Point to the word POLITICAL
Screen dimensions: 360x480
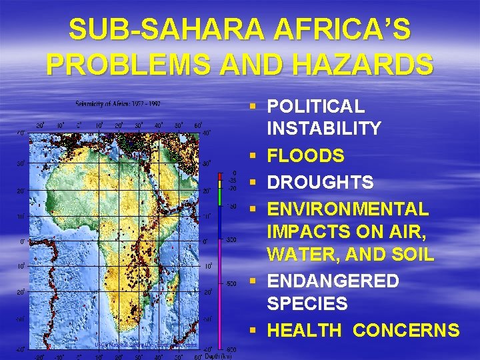315,106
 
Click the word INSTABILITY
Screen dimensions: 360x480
324,128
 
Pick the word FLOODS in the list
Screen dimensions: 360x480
305,156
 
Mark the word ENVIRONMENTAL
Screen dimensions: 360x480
347,209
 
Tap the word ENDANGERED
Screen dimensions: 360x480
333,281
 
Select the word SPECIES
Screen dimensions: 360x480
307,304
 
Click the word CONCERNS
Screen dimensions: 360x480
406,330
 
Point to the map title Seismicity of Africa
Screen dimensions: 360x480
117,103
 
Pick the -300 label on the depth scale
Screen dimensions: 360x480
230,239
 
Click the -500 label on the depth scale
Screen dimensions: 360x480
230,283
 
